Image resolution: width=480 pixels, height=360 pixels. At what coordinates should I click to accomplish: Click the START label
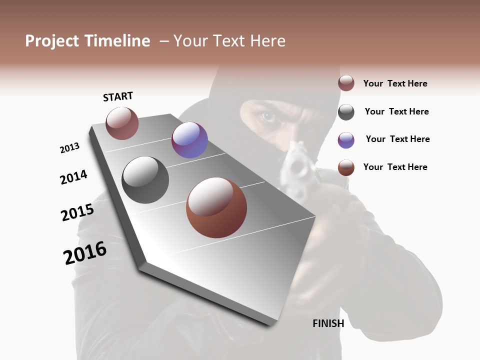[118, 96]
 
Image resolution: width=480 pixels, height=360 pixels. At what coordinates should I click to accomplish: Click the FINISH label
[328, 323]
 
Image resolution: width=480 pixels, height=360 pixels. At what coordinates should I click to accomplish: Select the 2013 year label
[69, 148]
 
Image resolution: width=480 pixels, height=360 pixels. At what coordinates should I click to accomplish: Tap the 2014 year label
[73, 177]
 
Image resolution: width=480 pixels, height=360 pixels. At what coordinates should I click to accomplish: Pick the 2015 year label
[77, 212]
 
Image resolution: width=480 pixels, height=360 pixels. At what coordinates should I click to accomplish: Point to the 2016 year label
[85, 253]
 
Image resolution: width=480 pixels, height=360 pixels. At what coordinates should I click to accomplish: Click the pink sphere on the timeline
[122, 123]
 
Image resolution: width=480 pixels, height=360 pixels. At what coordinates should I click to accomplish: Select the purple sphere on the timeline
[189, 140]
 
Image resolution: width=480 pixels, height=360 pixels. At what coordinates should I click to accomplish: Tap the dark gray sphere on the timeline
[145, 179]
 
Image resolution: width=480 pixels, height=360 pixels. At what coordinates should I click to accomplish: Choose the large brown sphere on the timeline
[216, 207]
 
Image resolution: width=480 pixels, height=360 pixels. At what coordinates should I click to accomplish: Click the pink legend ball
[346, 83]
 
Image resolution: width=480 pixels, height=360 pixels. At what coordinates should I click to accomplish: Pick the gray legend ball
[346, 112]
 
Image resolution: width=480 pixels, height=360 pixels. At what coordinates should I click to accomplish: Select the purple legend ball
[346, 140]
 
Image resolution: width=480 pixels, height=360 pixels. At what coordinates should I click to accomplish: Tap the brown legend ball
[346, 167]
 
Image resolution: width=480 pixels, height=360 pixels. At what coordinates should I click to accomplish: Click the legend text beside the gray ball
[396, 111]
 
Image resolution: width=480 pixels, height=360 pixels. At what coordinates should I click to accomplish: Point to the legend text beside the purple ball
[397, 139]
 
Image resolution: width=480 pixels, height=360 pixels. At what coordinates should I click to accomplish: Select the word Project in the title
[52, 41]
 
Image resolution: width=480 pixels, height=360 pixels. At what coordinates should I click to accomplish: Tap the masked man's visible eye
[268, 117]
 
